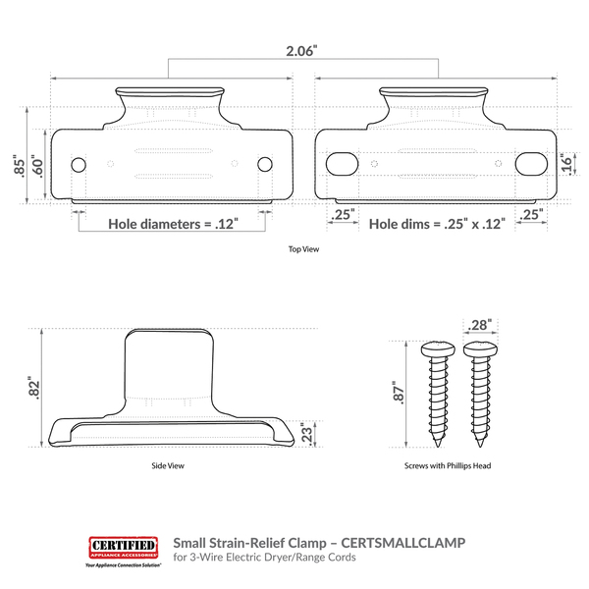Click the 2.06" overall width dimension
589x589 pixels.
tap(301, 51)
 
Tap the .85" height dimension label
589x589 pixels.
tap(19, 165)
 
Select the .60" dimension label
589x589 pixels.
tap(37, 166)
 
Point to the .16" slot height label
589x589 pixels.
tap(565, 164)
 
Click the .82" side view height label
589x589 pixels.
tap(34, 388)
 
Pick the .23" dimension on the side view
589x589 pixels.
tap(307, 435)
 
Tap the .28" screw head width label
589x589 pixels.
tap(480, 325)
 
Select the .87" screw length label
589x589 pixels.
tap(399, 393)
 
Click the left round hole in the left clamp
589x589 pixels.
tap(79, 165)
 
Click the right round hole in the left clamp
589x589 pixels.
tap(265, 164)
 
